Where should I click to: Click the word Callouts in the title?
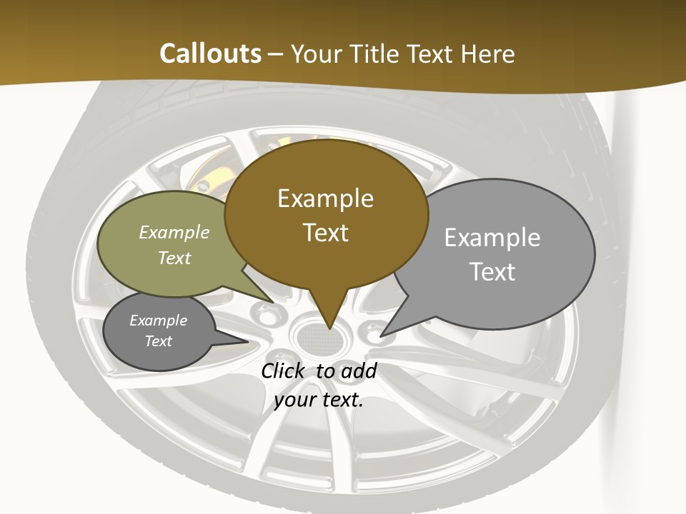tap(210, 54)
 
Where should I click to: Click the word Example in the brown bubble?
tap(325, 198)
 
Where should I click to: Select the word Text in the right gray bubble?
tap(492, 272)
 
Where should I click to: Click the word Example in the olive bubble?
tap(174, 232)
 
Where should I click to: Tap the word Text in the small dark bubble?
tap(159, 341)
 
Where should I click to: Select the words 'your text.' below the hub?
tap(319, 400)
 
